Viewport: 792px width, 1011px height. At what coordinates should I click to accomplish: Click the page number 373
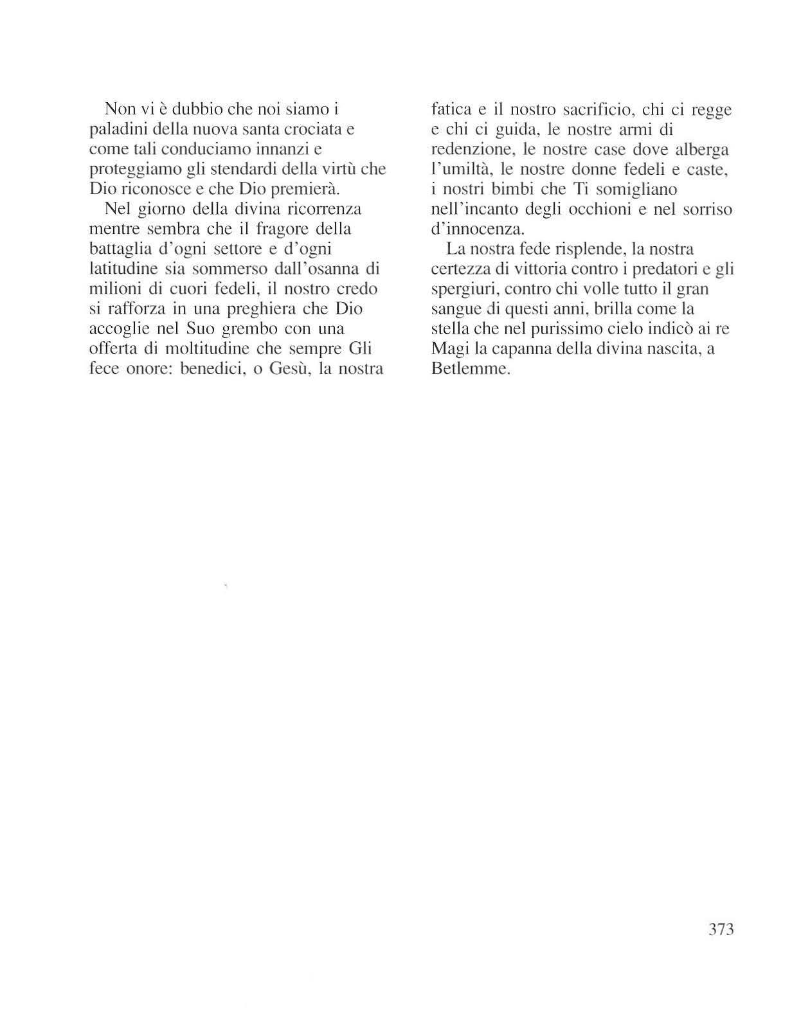coord(720,929)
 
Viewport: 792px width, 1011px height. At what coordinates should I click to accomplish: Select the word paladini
coord(114,129)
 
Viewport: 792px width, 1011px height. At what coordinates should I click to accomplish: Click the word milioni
coord(111,289)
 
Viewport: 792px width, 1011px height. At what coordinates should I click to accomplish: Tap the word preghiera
coord(263,309)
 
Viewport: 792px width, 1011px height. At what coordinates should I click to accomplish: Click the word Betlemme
coord(471,370)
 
